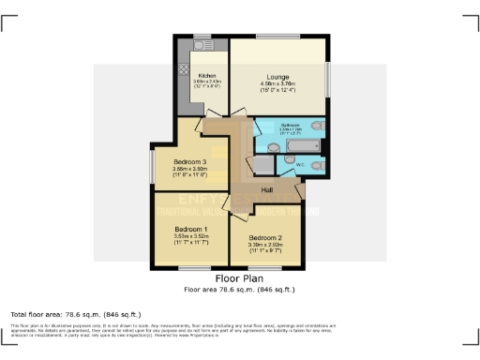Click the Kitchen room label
207,75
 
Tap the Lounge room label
277,77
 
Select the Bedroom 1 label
190,229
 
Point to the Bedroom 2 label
265,239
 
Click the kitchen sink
202,45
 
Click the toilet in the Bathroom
319,127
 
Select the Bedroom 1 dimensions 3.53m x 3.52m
190,236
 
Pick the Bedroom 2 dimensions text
265,247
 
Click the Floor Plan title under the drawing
239,279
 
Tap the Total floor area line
75,313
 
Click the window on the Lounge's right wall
327,75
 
